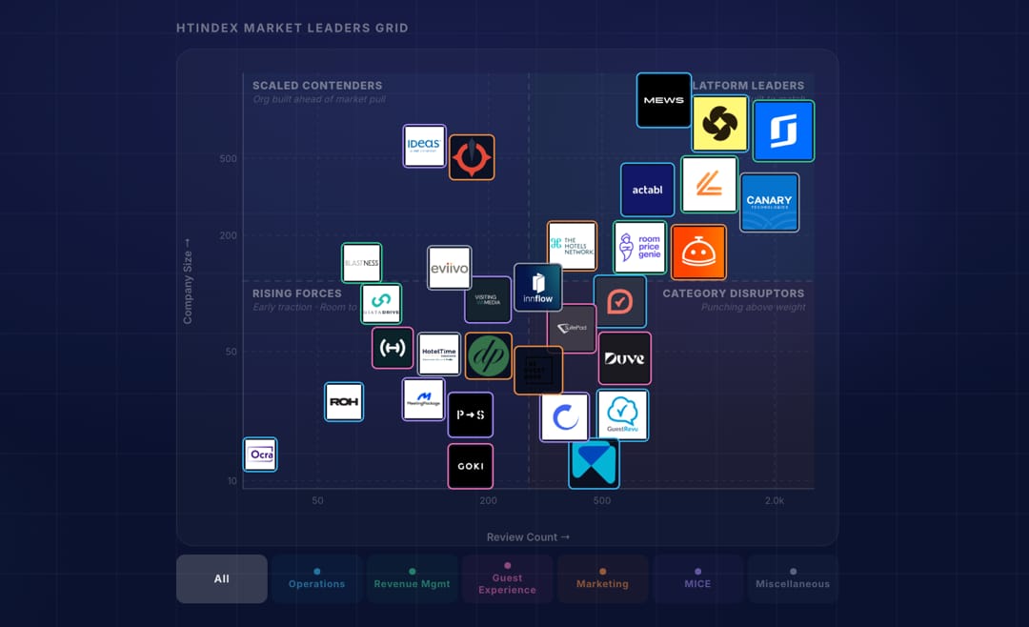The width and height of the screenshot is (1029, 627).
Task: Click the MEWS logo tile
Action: (664, 100)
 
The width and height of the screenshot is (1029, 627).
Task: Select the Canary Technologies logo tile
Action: (769, 202)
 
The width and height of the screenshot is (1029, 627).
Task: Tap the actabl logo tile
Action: (648, 190)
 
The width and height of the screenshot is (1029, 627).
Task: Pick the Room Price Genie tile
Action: (639, 248)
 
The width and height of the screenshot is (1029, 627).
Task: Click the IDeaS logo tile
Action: (424, 146)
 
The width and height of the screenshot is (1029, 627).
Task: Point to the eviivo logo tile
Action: (449, 269)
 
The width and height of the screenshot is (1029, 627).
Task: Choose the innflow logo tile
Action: (537, 288)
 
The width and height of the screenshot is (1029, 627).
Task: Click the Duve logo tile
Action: (625, 358)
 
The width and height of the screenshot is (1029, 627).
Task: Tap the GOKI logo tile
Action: (471, 466)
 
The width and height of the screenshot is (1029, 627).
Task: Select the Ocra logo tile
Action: (260, 455)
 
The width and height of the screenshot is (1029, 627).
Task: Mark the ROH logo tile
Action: (344, 402)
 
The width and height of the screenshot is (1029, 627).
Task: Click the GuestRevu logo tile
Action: (623, 415)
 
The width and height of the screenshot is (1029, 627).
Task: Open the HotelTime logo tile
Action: (439, 354)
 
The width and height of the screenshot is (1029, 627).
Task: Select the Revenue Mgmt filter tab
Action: (412, 578)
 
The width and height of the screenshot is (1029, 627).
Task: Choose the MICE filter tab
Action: (697, 578)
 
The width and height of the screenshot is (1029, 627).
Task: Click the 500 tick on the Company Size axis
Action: (229, 158)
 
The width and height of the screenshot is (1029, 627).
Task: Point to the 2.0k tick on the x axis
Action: (775, 501)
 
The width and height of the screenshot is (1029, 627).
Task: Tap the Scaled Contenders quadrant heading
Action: (317, 86)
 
